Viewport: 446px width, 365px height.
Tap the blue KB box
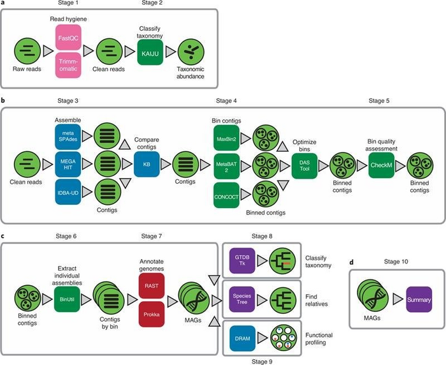pyautogui.click(x=148, y=163)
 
